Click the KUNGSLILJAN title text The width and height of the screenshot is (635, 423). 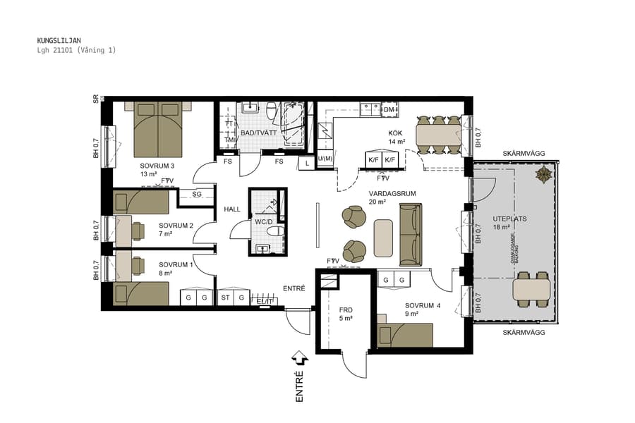tap(59, 41)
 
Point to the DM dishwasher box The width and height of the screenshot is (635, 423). tap(389, 110)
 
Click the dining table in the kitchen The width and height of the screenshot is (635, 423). tap(438, 134)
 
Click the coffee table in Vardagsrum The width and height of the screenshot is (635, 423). tap(383, 238)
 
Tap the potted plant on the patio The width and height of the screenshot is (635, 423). tap(544, 175)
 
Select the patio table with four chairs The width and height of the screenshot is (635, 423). tap(531, 289)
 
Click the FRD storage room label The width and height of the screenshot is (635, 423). tap(346, 310)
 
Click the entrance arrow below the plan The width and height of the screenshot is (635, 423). tap(298, 359)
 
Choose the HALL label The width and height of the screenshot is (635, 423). tap(232, 209)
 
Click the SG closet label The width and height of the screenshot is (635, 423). tap(197, 193)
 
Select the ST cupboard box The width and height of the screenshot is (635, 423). tap(226, 298)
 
